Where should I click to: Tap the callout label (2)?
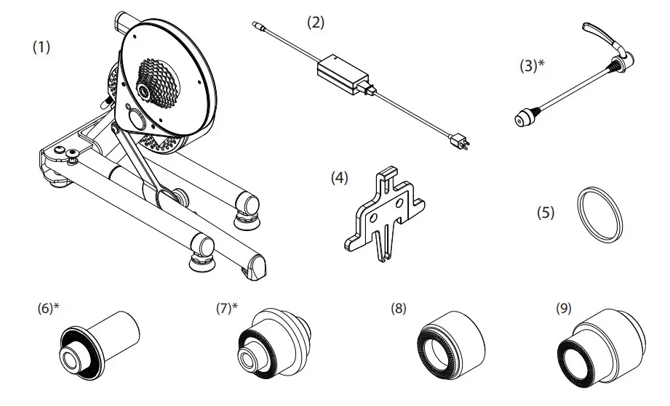click(316, 23)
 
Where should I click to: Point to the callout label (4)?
click(340, 176)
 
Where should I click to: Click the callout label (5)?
click(546, 213)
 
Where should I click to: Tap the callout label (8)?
click(400, 307)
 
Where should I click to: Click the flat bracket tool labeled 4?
click(383, 212)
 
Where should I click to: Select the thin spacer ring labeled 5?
click(600, 214)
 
